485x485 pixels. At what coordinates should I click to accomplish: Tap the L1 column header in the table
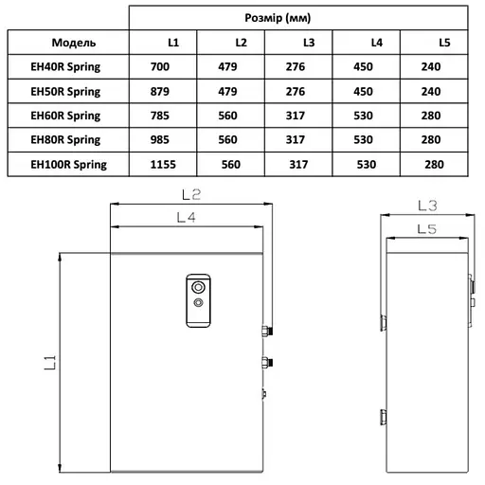click(x=171, y=44)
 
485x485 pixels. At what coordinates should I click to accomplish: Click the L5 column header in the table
click(x=444, y=44)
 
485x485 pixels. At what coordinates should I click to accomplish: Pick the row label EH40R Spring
click(x=65, y=68)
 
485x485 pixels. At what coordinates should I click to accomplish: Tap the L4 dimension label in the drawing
click(x=187, y=219)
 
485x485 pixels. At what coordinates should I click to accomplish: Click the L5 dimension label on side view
click(x=425, y=229)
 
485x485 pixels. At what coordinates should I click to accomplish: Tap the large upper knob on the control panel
click(x=199, y=286)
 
